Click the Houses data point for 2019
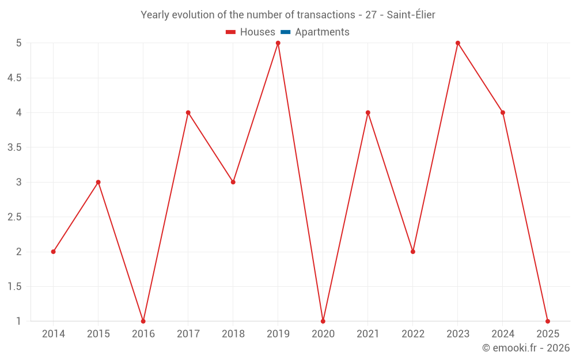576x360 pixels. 278,43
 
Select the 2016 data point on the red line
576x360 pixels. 143,321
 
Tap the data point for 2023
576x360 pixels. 458,43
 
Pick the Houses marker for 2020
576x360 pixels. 323,321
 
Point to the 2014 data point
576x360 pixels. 54,252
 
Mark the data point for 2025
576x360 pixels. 548,321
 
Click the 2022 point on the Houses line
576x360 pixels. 413,252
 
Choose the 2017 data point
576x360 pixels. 188,112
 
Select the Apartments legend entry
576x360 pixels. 322,32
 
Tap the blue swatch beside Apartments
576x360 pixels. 286,32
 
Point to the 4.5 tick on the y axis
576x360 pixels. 15,78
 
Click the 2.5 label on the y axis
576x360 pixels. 15,217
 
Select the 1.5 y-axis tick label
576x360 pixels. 15,286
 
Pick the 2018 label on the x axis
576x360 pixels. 233,334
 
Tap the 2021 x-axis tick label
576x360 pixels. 368,334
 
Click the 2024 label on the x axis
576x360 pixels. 503,334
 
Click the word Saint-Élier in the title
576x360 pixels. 411,15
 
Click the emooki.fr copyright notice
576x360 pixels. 525,348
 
